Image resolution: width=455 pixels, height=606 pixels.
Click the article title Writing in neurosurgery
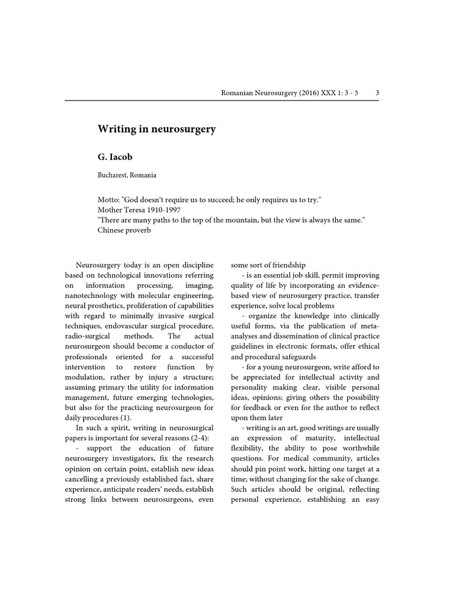point(156,128)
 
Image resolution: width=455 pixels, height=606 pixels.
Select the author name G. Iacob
point(116,159)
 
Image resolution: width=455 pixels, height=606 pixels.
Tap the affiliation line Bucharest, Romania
point(127,176)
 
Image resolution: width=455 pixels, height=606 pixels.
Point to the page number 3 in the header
point(377,93)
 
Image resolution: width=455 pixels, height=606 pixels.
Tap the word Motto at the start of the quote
point(108,199)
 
